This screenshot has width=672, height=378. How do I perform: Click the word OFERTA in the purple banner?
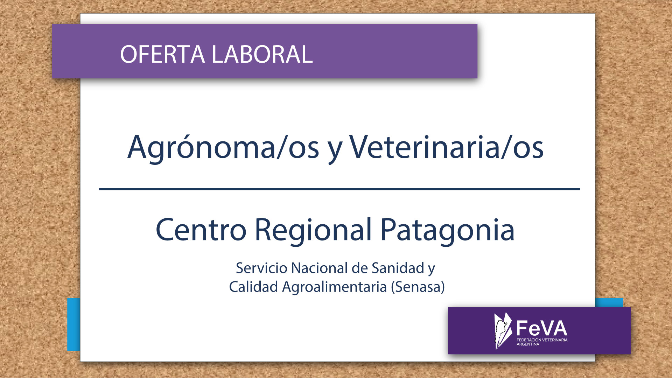(162, 54)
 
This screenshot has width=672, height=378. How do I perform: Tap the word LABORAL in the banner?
(262, 54)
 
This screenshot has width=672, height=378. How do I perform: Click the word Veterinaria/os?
(446, 147)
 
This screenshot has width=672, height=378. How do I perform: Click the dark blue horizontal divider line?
(339, 189)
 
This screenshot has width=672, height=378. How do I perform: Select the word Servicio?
(261, 268)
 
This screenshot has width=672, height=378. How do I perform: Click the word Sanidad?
(398, 268)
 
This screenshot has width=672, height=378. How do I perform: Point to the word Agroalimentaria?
(334, 287)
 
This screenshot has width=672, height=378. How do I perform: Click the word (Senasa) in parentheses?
(418, 287)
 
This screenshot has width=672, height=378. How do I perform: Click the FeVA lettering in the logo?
(542, 328)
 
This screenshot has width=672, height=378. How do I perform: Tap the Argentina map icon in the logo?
(502, 331)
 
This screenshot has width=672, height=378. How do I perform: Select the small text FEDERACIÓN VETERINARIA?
(542, 340)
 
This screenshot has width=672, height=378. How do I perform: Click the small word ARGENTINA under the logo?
(528, 344)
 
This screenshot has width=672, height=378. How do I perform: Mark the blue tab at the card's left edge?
(73, 324)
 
